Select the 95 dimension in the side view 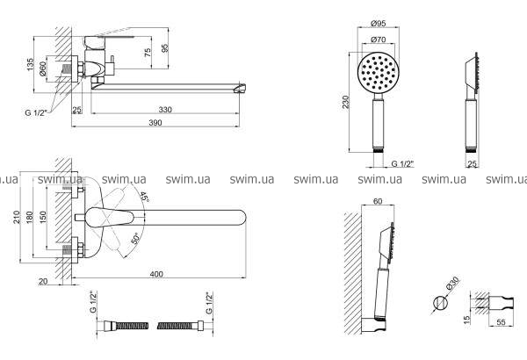pos(164,47)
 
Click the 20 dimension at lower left pos(43,281)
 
